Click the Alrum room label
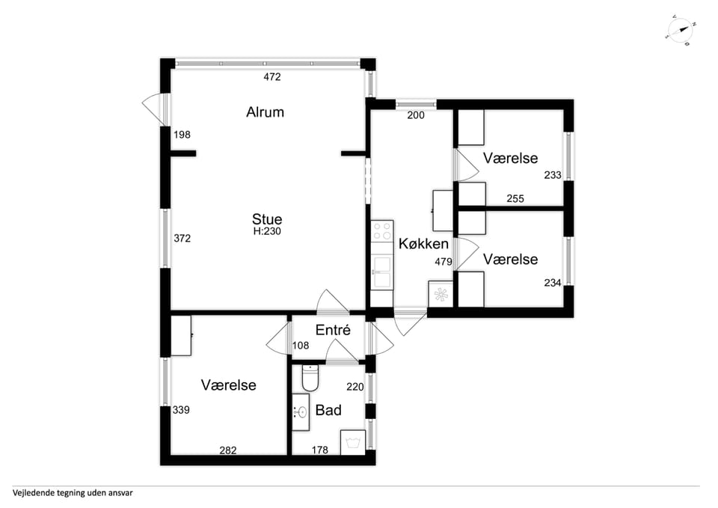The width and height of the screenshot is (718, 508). (x=265, y=112)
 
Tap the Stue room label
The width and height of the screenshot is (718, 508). (x=267, y=218)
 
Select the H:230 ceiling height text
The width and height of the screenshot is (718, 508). (x=267, y=231)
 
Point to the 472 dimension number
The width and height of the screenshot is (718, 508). (x=272, y=77)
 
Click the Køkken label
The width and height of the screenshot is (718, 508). (x=423, y=244)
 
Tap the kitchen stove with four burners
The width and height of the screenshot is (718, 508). (x=382, y=231)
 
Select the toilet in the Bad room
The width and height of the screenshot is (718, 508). (x=310, y=378)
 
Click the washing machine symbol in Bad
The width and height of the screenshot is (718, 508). (x=352, y=442)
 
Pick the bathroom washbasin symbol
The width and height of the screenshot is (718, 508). (x=301, y=412)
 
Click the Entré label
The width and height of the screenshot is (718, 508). (x=333, y=330)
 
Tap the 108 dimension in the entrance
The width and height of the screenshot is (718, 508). (x=301, y=346)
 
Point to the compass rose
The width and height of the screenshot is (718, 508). (x=681, y=31)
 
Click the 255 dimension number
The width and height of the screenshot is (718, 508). (x=515, y=199)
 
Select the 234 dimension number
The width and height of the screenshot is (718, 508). (x=553, y=283)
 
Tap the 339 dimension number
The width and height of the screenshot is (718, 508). (x=181, y=410)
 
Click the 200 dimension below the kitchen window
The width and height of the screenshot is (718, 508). (x=416, y=115)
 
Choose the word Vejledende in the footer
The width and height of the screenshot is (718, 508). (x=33, y=493)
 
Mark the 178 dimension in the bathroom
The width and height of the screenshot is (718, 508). (x=319, y=450)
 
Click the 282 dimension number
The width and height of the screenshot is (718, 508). (x=228, y=450)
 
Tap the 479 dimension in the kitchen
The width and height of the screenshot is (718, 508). (x=444, y=262)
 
